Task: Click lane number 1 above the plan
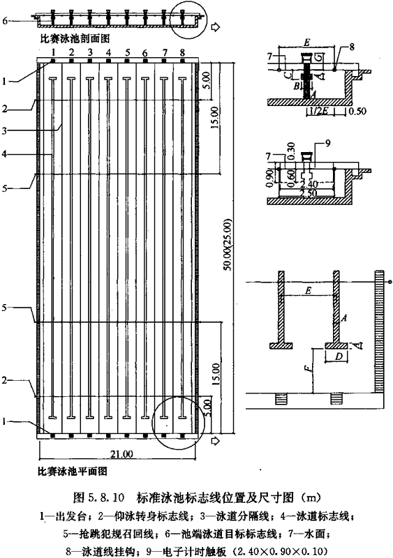click(53, 52)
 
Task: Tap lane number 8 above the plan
click(182, 52)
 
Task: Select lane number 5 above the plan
click(127, 53)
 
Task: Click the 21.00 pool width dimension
click(122, 454)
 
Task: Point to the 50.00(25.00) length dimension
click(228, 245)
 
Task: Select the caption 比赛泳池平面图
click(73, 472)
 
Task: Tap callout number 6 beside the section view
click(5, 21)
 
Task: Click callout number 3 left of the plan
click(4, 130)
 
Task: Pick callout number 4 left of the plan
click(4, 154)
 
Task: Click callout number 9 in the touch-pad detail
click(328, 144)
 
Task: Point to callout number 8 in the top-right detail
click(352, 47)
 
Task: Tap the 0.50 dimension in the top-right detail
click(357, 111)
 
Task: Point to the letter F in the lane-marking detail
click(311, 368)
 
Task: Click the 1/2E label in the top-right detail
click(321, 111)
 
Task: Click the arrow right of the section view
click(215, 27)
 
